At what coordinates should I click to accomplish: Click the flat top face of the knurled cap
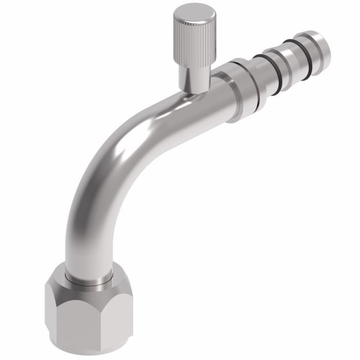click(x=189, y=12)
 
